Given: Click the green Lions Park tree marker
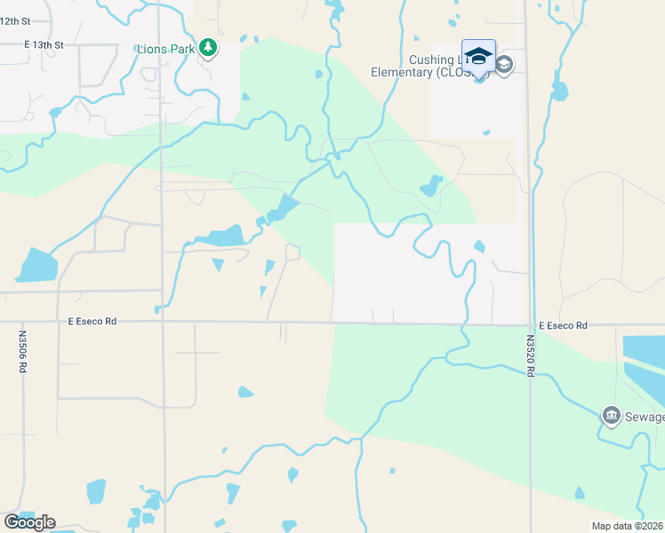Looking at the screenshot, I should (x=207, y=47).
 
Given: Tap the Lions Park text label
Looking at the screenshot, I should (x=165, y=48).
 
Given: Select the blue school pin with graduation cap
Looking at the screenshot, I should (x=478, y=57).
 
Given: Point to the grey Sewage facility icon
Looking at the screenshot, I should (x=611, y=415).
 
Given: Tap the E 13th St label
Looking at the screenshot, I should (x=44, y=44).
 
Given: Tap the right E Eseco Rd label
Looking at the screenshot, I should (x=562, y=326).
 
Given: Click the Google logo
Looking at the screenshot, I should (x=29, y=522).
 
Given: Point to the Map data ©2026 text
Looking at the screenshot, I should (x=626, y=526).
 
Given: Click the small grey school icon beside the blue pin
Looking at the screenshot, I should (x=504, y=64).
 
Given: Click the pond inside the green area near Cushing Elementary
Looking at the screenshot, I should (x=431, y=187).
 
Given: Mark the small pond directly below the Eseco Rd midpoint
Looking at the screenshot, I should (x=245, y=392).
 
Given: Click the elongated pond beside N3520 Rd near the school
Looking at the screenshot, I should (x=559, y=90).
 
